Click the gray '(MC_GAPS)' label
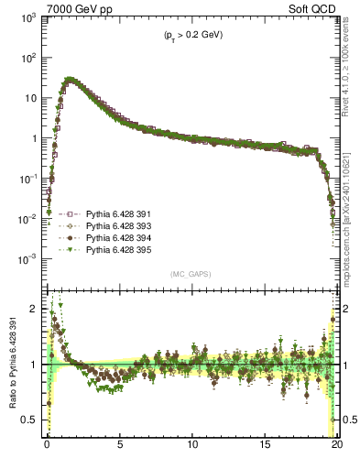click(x=191, y=274)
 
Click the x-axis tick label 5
click(x=120, y=448)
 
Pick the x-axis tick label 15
click(x=266, y=448)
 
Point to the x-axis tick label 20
click(x=337, y=448)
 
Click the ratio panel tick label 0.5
click(x=32, y=420)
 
